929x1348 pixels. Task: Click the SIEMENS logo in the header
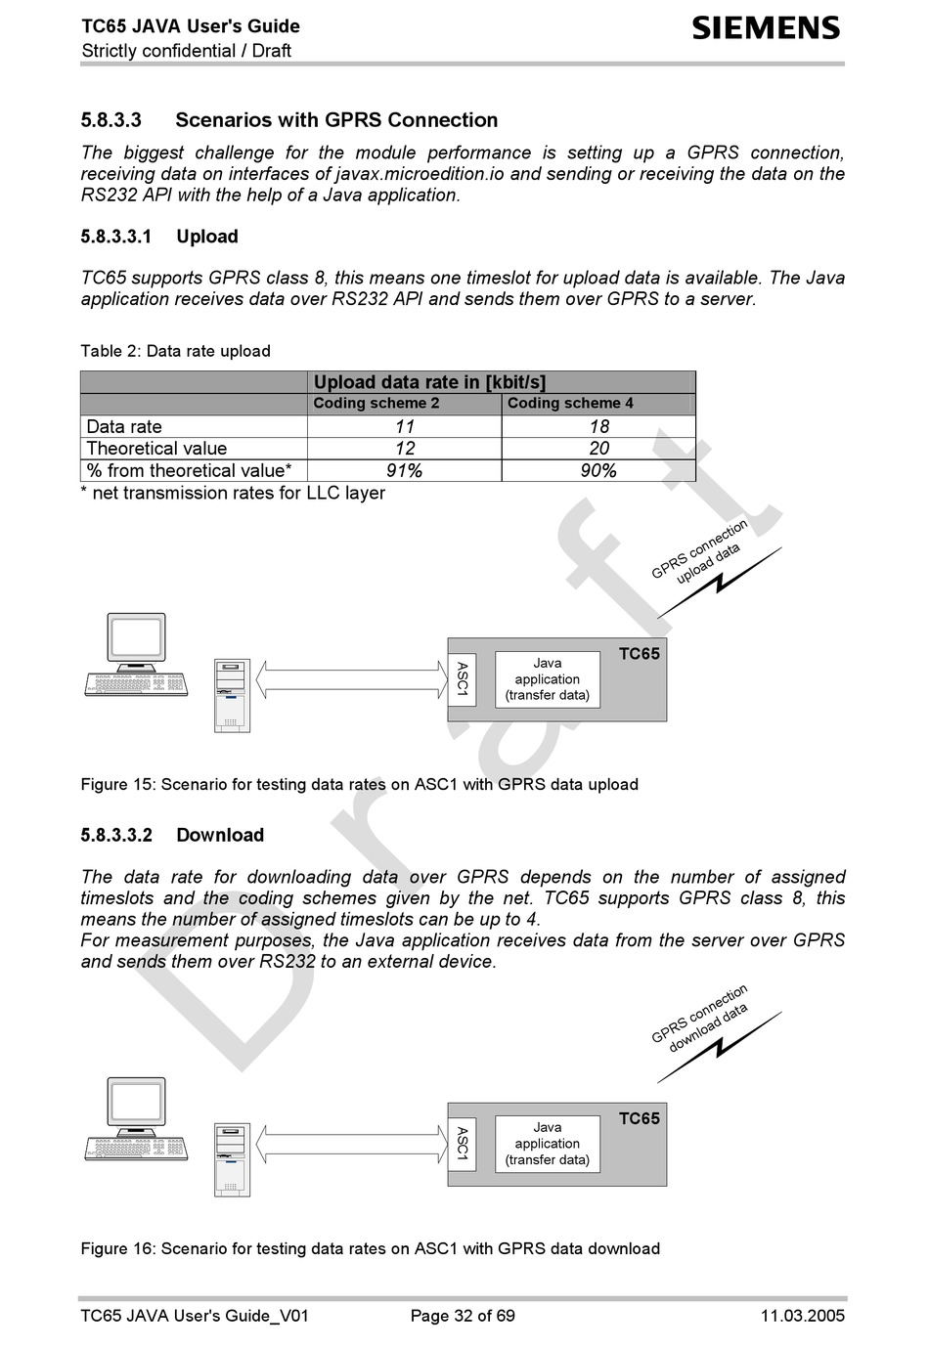(x=766, y=27)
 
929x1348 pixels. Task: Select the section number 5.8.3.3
(x=111, y=120)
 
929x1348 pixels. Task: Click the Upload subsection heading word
(x=207, y=237)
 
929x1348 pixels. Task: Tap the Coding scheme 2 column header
(x=376, y=404)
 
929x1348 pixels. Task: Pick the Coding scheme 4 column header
(x=570, y=404)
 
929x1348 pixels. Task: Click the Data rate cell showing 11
(x=404, y=427)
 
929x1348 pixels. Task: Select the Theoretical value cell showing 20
(x=598, y=449)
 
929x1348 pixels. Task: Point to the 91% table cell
(x=404, y=471)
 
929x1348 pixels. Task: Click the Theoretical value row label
(x=156, y=449)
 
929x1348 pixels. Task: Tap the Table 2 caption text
(x=175, y=351)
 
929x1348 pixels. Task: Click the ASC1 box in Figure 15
(x=462, y=679)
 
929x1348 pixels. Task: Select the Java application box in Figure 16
(x=547, y=1144)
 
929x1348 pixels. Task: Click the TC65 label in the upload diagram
(x=639, y=654)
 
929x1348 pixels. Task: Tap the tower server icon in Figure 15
(x=232, y=695)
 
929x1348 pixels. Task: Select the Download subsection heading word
(x=220, y=836)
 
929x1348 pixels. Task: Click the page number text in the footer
(x=463, y=1316)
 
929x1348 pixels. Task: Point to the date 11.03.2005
(x=802, y=1316)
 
